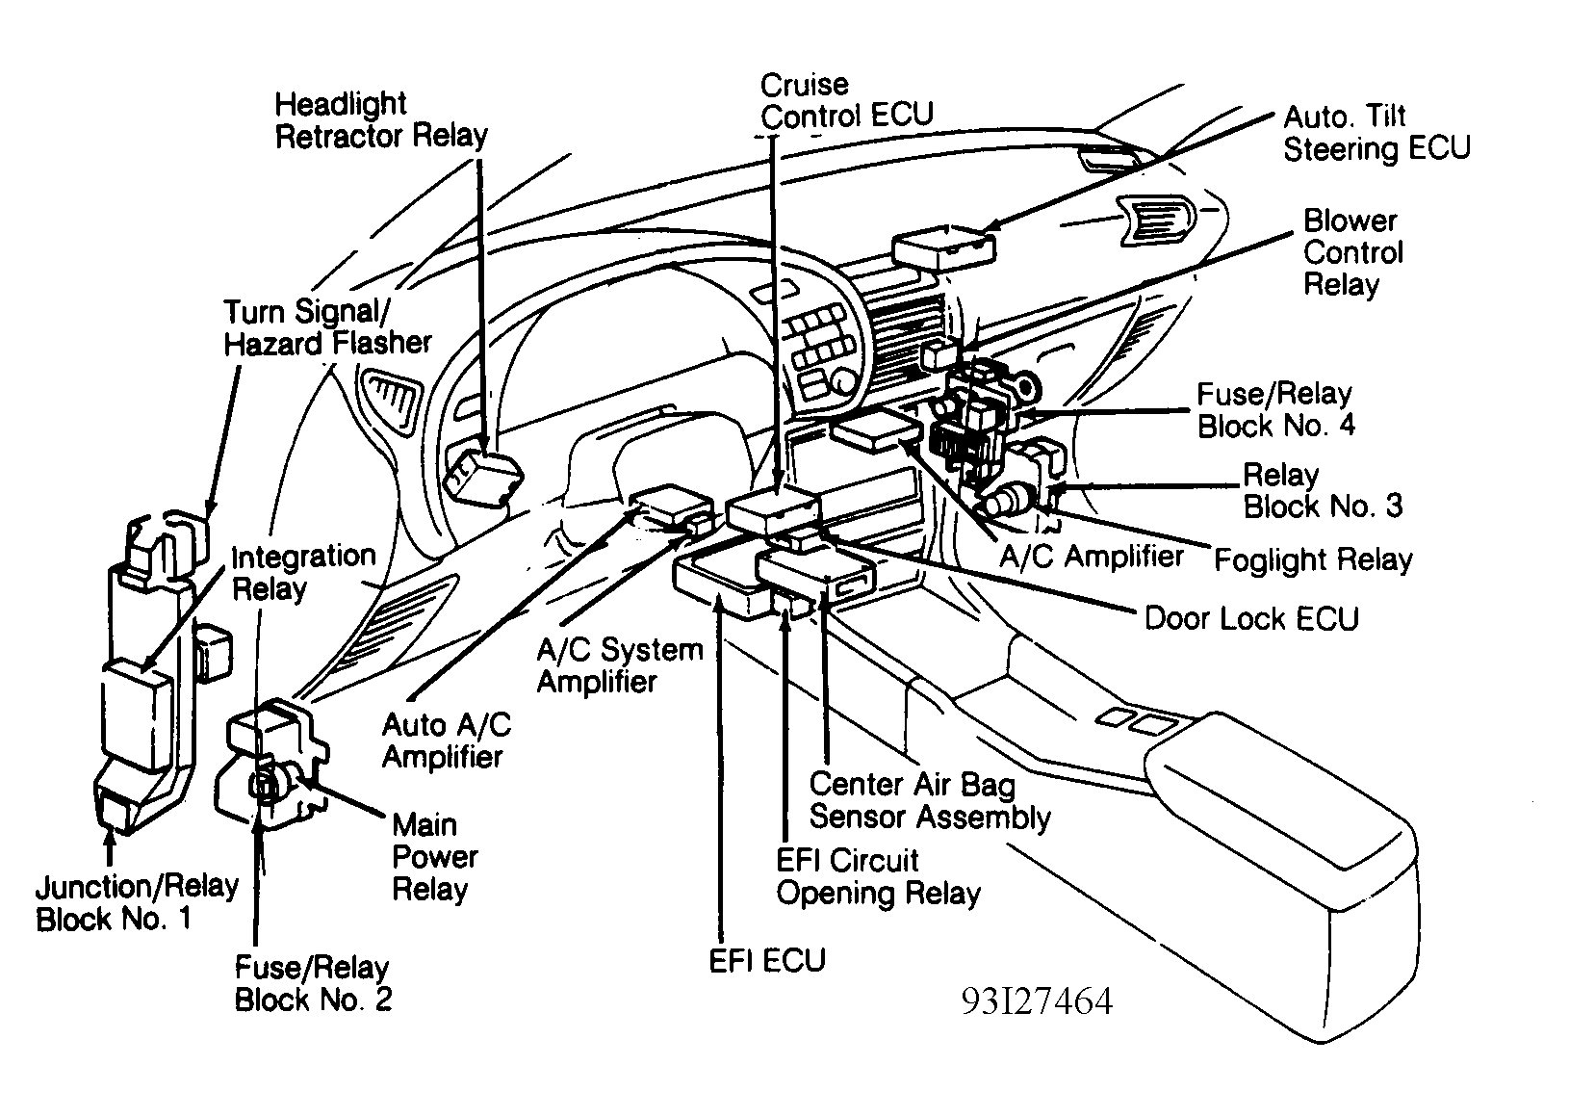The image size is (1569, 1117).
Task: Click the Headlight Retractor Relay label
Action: click(381, 120)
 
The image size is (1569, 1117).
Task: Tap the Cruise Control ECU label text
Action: click(846, 99)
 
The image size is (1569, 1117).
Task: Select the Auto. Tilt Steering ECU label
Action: click(1376, 133)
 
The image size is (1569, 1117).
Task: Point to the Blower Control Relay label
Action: click(1352, 252)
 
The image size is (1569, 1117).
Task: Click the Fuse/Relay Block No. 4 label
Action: click(1275, 410)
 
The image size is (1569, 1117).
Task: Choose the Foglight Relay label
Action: click(1313, 559)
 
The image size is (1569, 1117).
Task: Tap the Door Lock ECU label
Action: click(1250, 618)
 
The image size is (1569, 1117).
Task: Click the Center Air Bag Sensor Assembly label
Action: click(929, 801)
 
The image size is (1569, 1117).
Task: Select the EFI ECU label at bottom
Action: click(767, 960)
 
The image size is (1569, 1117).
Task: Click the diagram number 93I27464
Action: click(1036, 1002)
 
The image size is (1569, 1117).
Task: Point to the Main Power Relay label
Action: click(434, 857)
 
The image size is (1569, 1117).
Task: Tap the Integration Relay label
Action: click(303, 572)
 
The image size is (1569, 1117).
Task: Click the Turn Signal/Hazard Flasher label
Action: click(327, 327)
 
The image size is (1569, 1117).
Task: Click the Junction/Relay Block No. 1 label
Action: click(136, 902)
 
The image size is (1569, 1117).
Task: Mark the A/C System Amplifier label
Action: click(619, 665)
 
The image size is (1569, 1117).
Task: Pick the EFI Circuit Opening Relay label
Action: click(877, 876)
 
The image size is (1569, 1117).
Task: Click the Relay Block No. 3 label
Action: click(1322, 491)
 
